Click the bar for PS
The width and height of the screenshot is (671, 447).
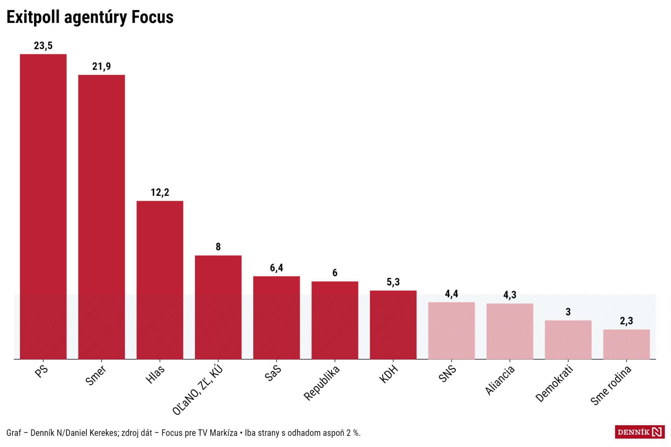[43, 207]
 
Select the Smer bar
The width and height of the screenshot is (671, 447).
[101, 217]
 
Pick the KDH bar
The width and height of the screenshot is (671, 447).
[393, 325]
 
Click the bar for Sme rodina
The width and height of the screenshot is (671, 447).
[626, 344]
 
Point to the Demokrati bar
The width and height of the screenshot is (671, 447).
[568, 340]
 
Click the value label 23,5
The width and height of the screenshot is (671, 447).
[43, 46]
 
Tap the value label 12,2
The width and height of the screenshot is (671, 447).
[160, 193]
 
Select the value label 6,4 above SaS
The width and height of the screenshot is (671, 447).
[276, 268]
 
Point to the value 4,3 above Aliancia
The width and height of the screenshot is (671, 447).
[509, 295]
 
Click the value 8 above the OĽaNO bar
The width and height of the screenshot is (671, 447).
[218, 247]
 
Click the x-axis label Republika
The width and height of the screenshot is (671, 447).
[322, 383]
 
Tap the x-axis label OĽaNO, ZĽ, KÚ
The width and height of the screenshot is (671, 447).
[198, 390]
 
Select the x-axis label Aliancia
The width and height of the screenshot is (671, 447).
[500, 380]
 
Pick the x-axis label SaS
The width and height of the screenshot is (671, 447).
[273, 373]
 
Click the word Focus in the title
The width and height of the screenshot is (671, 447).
[152, 17]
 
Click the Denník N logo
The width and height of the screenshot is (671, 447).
[639, 432]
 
